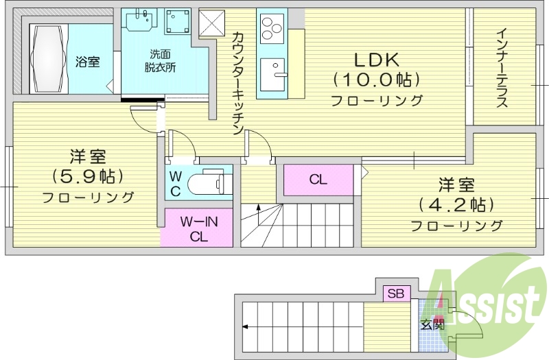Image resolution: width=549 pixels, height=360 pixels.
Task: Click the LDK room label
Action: point(376,58)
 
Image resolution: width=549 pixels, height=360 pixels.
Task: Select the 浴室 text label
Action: point(87,62)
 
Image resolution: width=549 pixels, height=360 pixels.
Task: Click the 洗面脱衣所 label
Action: point(159,60)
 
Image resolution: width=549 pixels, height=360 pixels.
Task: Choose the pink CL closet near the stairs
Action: point(318,180)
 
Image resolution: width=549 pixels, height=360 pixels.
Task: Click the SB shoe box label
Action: point(397,293)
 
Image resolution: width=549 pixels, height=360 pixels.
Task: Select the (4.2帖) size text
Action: point(456,204)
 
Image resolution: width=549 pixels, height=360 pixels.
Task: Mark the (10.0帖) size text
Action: point(376,80)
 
